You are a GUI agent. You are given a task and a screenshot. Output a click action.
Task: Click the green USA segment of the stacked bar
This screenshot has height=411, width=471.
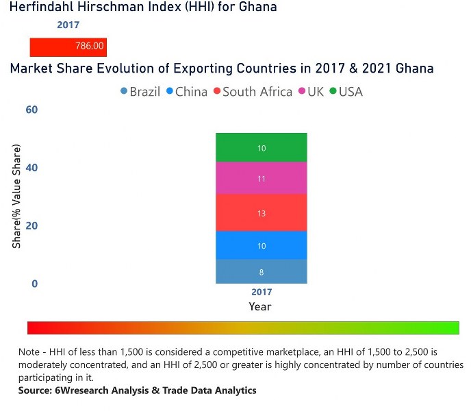pos(261,147)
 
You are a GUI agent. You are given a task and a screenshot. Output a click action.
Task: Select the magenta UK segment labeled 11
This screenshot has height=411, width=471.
pos(261,178)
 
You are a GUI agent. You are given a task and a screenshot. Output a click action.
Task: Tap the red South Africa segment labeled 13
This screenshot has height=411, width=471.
pos(261,213)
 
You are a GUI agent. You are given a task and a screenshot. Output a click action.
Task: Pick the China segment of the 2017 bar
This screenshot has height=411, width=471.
pos(261,245)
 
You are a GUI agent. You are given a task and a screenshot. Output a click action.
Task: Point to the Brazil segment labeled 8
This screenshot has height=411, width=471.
pos(261,272)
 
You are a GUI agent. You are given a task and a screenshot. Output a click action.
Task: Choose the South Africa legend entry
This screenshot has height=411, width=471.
pos(253,92)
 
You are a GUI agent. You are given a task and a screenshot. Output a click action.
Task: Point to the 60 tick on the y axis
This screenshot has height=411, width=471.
pos(31,110)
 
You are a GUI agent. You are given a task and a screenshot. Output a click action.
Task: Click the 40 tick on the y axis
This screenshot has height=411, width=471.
pos(31,168)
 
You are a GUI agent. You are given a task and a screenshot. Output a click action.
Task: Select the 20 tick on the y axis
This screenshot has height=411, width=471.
pos(31,226)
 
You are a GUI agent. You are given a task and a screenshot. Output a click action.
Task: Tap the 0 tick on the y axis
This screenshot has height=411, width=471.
pos(34,284)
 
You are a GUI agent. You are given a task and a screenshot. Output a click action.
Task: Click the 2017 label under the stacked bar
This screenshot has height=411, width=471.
pos(261,292)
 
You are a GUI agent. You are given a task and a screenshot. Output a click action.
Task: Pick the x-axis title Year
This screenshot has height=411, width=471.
pos(260,306)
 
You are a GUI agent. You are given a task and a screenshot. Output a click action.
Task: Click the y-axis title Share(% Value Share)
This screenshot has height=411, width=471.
pos(16,196)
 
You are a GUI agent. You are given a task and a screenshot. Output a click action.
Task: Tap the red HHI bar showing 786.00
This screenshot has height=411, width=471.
pos(68,47)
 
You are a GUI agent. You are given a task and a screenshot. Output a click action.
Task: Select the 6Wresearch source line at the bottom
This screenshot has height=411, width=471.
pos(138,390)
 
